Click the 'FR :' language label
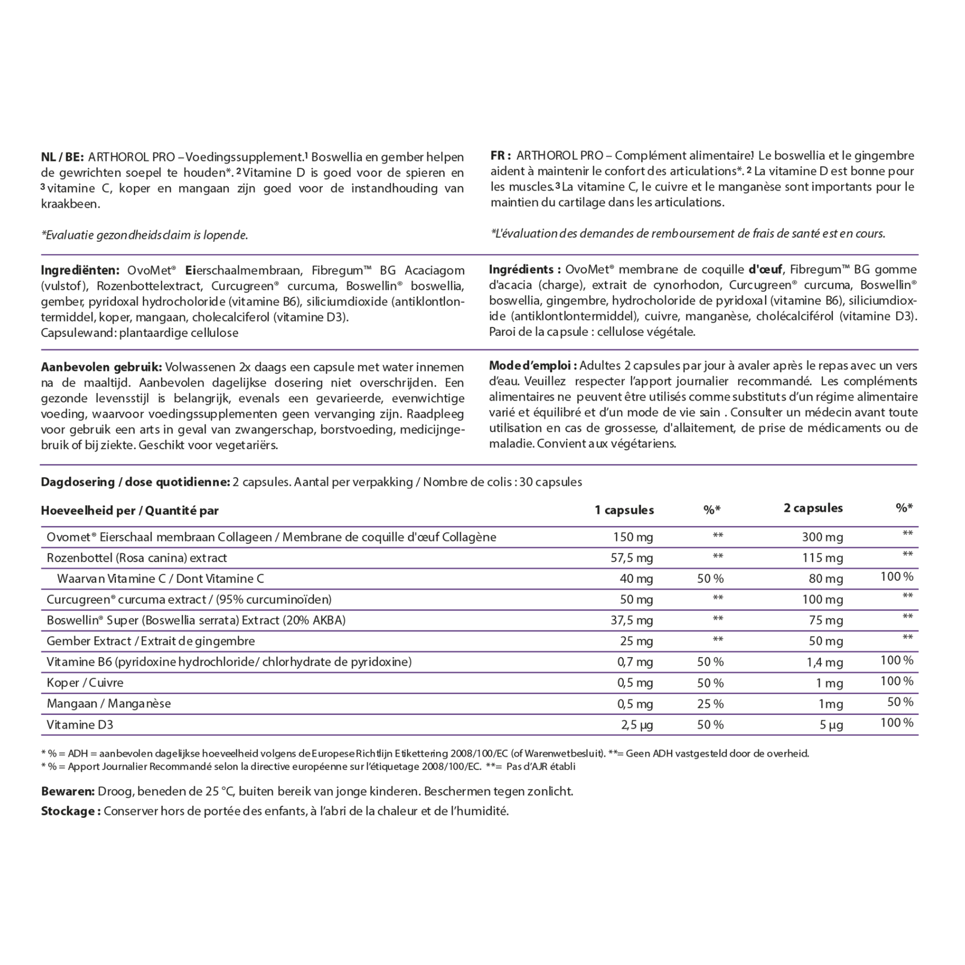(500, 156)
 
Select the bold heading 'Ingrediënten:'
(80, 271)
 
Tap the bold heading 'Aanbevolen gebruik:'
(101, 367)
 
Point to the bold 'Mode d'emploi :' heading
(534, 366)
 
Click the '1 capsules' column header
(624, 510)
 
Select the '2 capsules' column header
(813, 508)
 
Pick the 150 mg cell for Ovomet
(633, 538)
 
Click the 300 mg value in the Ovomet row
(822, 538)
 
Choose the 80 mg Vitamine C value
(826, 579)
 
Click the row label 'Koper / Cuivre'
(85, 683)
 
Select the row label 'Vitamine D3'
(80, 725)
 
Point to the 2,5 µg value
(637, 725)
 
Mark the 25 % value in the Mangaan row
(710, 704)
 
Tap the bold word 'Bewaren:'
(68, 792)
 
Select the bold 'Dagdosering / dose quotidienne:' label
(136, 482)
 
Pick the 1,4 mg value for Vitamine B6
(825, 662)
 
